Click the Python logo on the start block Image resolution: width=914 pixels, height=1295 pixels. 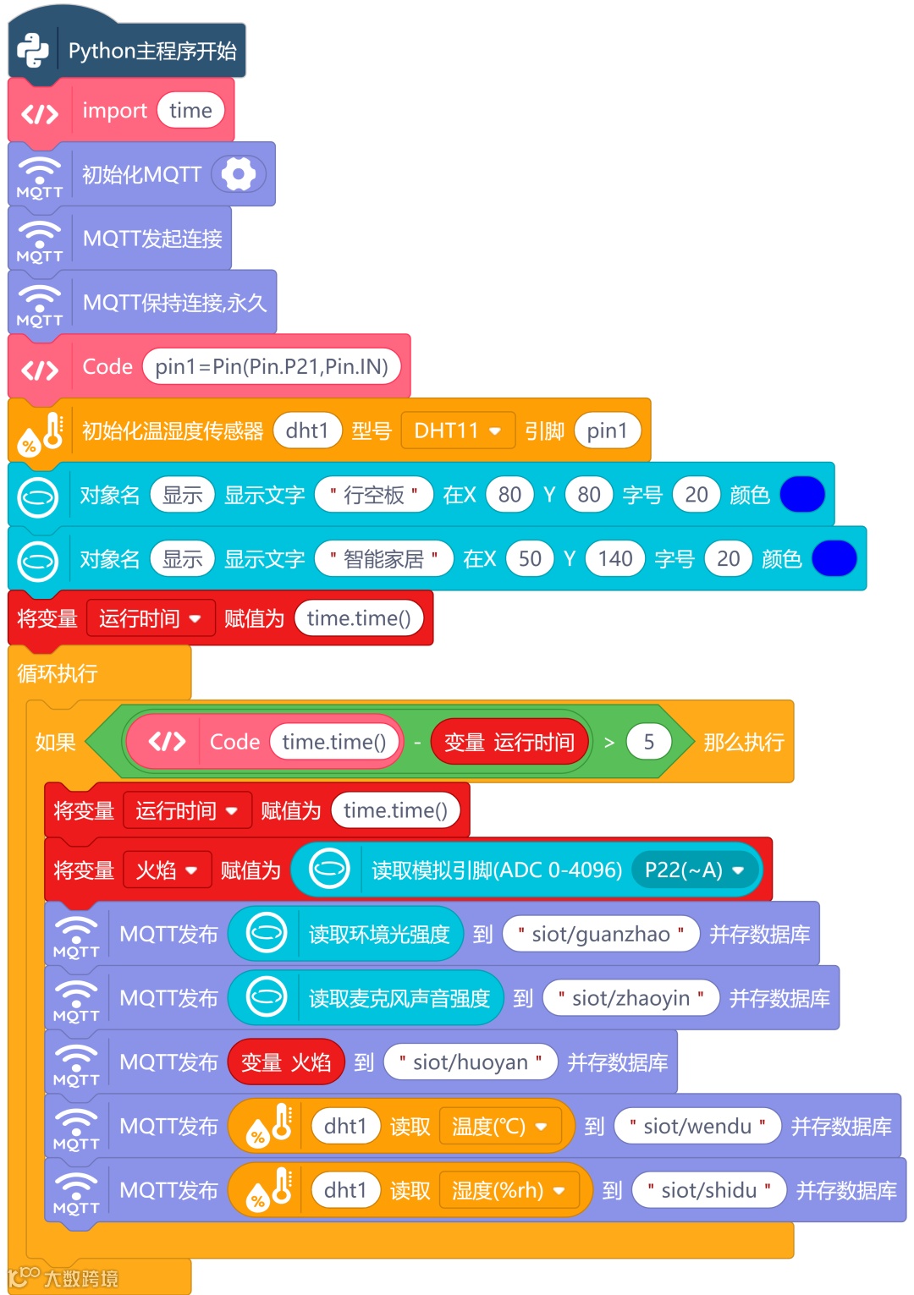point(33,51)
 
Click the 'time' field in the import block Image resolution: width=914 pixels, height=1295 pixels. point(190,111)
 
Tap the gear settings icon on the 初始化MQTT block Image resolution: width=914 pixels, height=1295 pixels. point(239,174)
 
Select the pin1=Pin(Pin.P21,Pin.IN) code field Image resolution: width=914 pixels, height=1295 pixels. point(272,366)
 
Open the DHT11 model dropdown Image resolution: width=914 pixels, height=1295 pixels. point(457,431)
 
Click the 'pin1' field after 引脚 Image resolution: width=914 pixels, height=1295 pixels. point(607,431)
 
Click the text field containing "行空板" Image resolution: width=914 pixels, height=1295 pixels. point(373,495)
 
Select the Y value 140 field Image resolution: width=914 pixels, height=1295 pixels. point(615,559)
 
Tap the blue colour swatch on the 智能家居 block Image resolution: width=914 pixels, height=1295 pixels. point(834,559)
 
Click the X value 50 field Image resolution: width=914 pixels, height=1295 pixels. point(530,559)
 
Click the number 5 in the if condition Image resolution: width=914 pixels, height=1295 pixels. point(649,742)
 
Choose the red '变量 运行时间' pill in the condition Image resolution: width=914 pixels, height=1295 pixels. point(509,742)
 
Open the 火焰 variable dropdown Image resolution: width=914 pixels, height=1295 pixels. point(167,870)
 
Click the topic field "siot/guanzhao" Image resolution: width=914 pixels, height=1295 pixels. point(601,934)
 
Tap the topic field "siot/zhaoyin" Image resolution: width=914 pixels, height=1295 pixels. point(631,998)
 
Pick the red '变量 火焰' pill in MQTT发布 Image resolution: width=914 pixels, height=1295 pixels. point(286,1062)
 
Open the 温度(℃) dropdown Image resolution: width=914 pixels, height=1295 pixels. point(499,1127)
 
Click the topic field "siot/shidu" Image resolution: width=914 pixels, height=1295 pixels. point(709,1191)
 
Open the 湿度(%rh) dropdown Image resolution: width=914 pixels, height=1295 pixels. point(508,1191)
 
